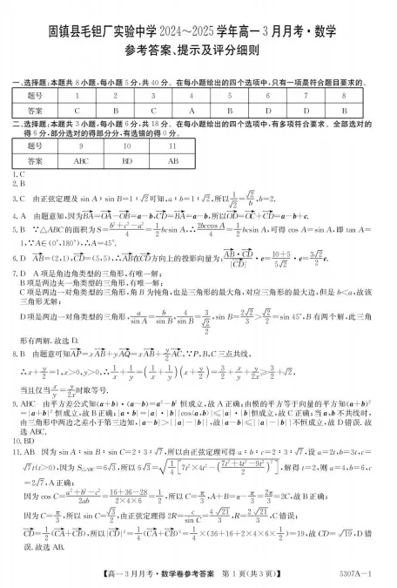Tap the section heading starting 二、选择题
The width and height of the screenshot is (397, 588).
(192, 127)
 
